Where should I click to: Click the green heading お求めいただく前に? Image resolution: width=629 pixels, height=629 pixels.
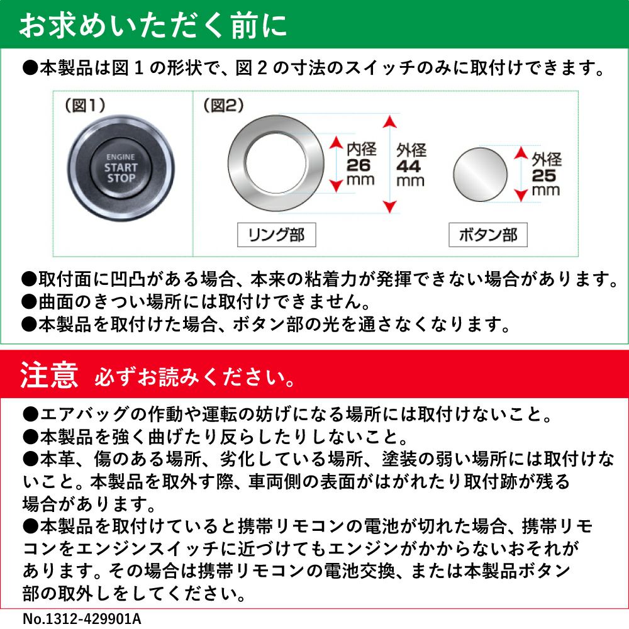(153, 26)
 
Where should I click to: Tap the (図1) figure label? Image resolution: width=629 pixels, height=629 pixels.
(85, 106)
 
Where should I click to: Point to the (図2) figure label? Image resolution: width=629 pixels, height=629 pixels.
(223, 106)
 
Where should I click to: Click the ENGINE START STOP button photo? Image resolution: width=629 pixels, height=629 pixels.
(121, 168)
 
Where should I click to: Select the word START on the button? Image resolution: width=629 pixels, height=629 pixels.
(121, 168)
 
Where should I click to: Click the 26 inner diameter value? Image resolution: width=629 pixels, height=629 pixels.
(359, 165)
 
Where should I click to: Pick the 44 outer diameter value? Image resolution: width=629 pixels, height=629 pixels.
(408, 166)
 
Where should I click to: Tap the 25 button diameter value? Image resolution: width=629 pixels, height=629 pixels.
(544, 175)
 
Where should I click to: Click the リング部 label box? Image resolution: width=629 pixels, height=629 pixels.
(276, 235)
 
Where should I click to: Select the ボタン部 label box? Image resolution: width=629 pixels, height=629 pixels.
(488, 235)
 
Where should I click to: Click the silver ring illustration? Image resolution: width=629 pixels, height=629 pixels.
(238, 164)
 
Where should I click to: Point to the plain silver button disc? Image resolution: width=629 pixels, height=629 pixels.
(480, 174)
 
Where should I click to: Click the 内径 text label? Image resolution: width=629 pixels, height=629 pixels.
(362, 149)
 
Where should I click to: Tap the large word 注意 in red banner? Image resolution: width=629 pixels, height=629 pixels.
(49, 375)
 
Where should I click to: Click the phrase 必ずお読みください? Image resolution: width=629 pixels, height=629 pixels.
(190, 377)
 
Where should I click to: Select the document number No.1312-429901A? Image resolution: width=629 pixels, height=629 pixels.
(82, 618)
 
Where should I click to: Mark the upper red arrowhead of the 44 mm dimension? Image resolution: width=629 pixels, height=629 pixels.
(389, 121)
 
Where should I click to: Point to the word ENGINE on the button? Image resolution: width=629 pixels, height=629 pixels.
(120, 157)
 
